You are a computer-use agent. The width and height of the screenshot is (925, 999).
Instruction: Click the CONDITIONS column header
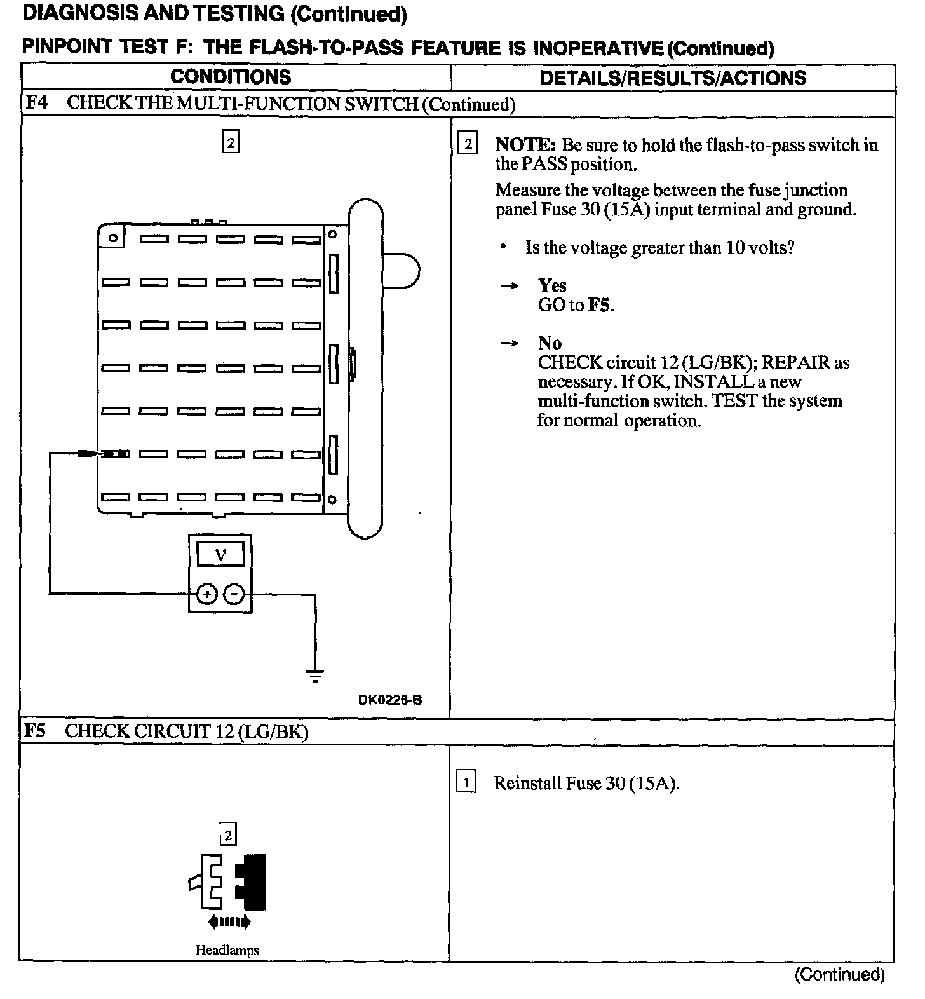pyautogui.click(x=231, y=77)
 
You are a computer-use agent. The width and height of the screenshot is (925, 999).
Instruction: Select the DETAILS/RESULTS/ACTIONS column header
pyautogui.click(x=673, y=78)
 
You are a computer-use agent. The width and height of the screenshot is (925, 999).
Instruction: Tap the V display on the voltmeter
pyautogui.click(x=220, y=555)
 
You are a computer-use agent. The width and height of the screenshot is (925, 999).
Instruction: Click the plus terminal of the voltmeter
pyautogui.click(x=206, y=594)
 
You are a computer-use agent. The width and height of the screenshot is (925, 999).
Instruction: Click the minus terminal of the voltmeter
pyautogui.click(x=234, y=594)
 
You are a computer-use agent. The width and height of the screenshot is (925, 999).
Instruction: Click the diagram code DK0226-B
pyautogui.click(x=390, y=700)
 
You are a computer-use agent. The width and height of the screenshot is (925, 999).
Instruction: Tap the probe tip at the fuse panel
pyautogui.click(x=88, y=454)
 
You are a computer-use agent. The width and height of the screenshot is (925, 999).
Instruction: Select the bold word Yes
pyautogui.click(x=552, y=285)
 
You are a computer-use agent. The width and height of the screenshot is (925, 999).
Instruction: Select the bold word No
pyautogui.click(x=550, y=343)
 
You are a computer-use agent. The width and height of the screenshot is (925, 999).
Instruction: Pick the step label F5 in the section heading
pyautogui.click(x=35, y=731)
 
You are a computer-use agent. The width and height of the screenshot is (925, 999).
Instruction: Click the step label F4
pyautogui.click(x=36, y=103)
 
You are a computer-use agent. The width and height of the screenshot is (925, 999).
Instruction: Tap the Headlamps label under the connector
pyautogui.click(x=227, y=950)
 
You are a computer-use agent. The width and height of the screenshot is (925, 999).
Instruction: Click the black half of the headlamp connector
pyautogui.click(x=252, y=882)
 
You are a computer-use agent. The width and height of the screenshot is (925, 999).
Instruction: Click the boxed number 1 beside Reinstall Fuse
pyautogui.click(x=466, y=782)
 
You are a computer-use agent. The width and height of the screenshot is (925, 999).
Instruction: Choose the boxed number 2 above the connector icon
pyautogui.click(x=227, y=834)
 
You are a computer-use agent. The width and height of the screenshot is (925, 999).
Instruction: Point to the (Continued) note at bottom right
pyautogui.click(x=839, y=974)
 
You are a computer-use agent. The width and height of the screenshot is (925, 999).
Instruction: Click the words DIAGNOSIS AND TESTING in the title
pyautogui.click(x=153, y=13)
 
